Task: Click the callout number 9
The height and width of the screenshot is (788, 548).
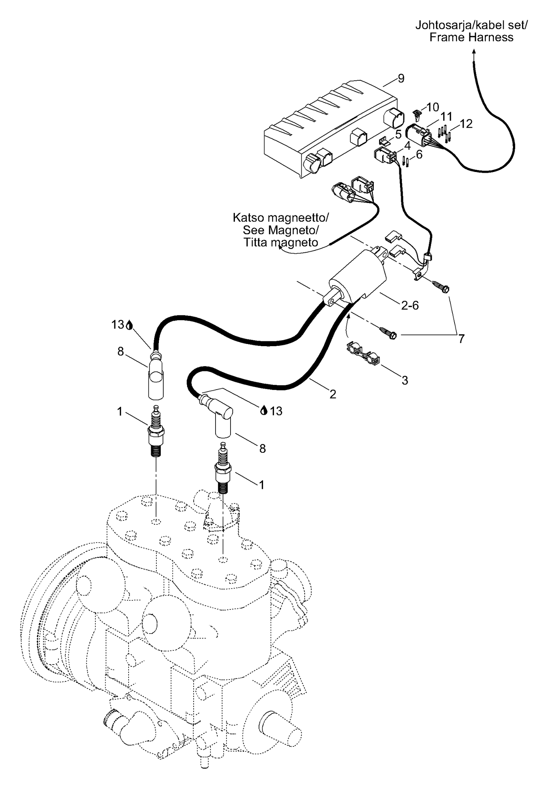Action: [x=401, y=78]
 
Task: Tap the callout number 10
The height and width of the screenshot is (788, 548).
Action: [x=433, y=107]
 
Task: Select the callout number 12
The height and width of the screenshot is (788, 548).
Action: [x=466, y=124]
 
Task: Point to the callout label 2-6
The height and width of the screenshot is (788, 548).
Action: [x=410, y=305]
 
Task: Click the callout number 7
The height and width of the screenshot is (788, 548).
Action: [x=461, y=339]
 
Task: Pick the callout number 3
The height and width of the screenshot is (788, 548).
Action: [x=405, y=380]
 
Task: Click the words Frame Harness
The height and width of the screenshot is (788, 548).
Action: [x=471, y=37]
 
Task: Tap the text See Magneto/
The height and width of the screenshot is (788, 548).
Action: [x=281, y=230]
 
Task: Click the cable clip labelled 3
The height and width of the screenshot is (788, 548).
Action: [x=362, y=353]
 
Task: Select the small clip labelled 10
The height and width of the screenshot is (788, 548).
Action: [x=417, y=115]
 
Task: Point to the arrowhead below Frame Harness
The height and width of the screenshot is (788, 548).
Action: [x=474, y=53]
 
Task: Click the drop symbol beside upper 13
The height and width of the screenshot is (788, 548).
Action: [x=129, y=325]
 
